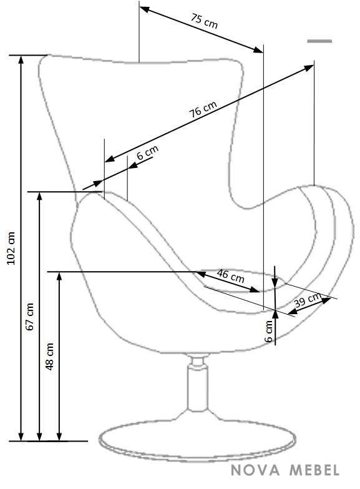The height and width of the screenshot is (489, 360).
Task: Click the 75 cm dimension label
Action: [x=204, y=21]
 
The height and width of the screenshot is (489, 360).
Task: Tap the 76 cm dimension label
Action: [x=203, y=109]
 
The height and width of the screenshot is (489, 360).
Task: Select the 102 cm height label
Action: [x=11, y=248]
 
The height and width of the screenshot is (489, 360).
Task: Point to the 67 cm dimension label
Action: [x=30, y=317]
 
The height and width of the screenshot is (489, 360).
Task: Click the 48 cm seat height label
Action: [x=49, y=357]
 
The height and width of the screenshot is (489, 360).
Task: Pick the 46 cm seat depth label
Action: [x=231, y=275]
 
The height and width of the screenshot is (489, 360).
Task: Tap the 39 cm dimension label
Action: [x=308, y=300]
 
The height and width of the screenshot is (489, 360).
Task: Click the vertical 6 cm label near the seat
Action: [x=269, y=331]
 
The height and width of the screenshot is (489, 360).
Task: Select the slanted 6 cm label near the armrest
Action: [x=148, y=152]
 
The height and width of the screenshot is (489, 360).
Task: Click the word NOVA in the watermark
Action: [x=255, y=470]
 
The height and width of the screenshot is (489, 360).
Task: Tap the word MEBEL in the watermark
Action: [x=314, y=470]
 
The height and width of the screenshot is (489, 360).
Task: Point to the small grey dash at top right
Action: [x=319, y=41]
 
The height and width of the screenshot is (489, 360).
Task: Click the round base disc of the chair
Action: [x=197, y=440]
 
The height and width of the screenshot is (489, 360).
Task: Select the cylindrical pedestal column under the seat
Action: [x=197, y=387]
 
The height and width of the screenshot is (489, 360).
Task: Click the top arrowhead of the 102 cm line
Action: [x=21, y=59]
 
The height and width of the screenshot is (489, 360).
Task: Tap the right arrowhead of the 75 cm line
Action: [x=258, y=49]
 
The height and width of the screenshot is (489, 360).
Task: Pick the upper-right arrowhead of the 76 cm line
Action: [x=309, y=67]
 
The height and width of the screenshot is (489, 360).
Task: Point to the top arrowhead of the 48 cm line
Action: [x=59, y=276]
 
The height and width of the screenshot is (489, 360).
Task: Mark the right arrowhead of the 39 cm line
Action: [x=326, y=300]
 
